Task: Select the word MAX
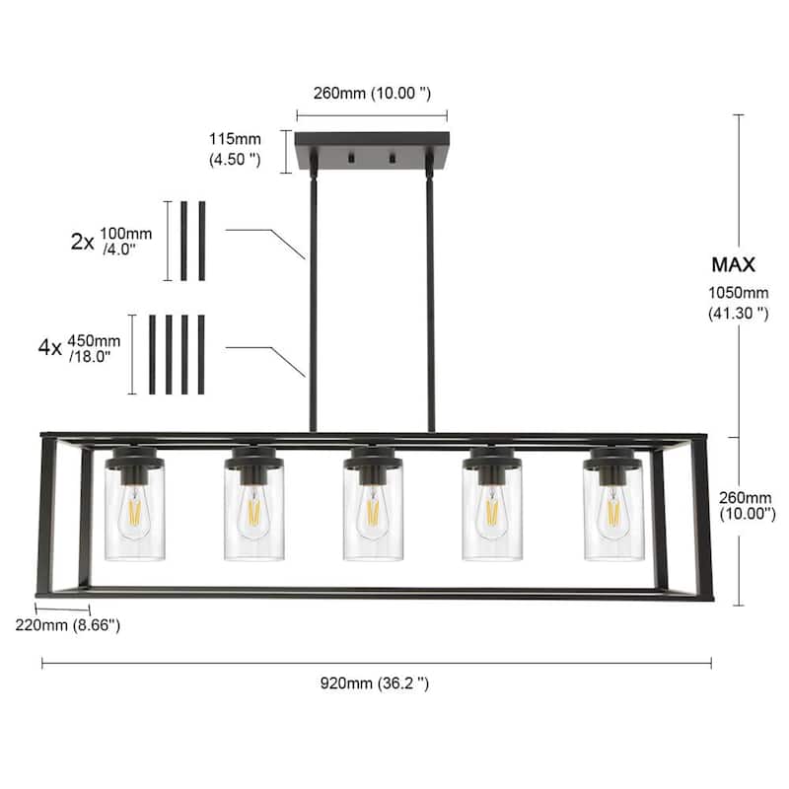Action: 733,264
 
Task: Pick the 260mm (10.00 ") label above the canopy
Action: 372,95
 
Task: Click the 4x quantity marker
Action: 49,347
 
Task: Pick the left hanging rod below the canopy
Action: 314,296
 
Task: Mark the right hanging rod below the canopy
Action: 430,296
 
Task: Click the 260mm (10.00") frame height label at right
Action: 745,507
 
